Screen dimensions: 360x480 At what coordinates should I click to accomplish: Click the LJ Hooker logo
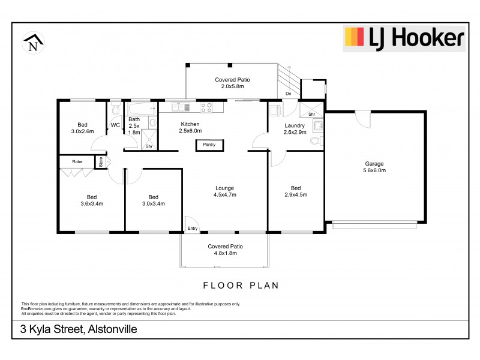coord(403,38)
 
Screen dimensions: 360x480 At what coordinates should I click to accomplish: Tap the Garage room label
coord(375,167)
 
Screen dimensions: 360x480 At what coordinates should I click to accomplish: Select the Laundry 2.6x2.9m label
coord(295,128)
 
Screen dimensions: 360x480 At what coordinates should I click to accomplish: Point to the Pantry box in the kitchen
coord(209,145)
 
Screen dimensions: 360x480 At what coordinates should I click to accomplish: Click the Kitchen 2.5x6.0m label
coord(191,127)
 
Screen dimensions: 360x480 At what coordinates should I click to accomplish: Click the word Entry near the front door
coord(193,228)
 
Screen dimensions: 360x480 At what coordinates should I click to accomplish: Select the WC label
coord(115,125)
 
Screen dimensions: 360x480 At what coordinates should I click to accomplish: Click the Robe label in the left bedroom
coord(77,162)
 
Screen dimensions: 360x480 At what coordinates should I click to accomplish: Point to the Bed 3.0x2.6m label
coord(82,128)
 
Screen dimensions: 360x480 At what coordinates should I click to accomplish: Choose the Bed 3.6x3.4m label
coord(91,200)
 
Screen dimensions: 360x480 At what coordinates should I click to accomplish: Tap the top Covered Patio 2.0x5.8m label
coord(232,83)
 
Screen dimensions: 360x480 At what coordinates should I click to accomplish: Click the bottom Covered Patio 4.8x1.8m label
coord(225,250)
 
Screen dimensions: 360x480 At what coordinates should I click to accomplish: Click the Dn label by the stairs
coord(288,94)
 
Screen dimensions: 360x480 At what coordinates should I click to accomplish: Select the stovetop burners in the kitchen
coord(206,107)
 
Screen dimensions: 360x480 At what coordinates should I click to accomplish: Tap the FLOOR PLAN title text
coord(241,286)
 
